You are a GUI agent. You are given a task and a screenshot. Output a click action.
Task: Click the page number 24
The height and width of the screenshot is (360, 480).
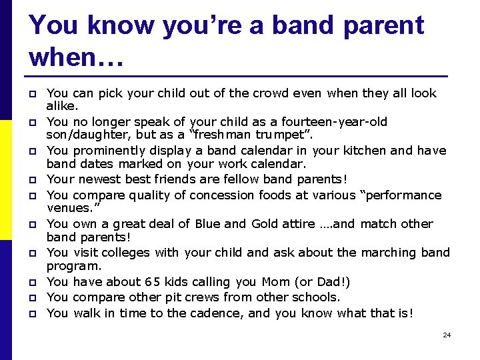click(x=447, y=335)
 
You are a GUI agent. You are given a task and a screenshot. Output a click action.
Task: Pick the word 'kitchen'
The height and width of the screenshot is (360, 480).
click(x=361, y=150)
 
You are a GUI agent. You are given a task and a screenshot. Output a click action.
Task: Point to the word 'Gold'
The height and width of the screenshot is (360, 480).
click(x=269, y=223)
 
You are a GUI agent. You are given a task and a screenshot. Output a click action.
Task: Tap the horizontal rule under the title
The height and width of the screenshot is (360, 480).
click(x=238, y=75)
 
